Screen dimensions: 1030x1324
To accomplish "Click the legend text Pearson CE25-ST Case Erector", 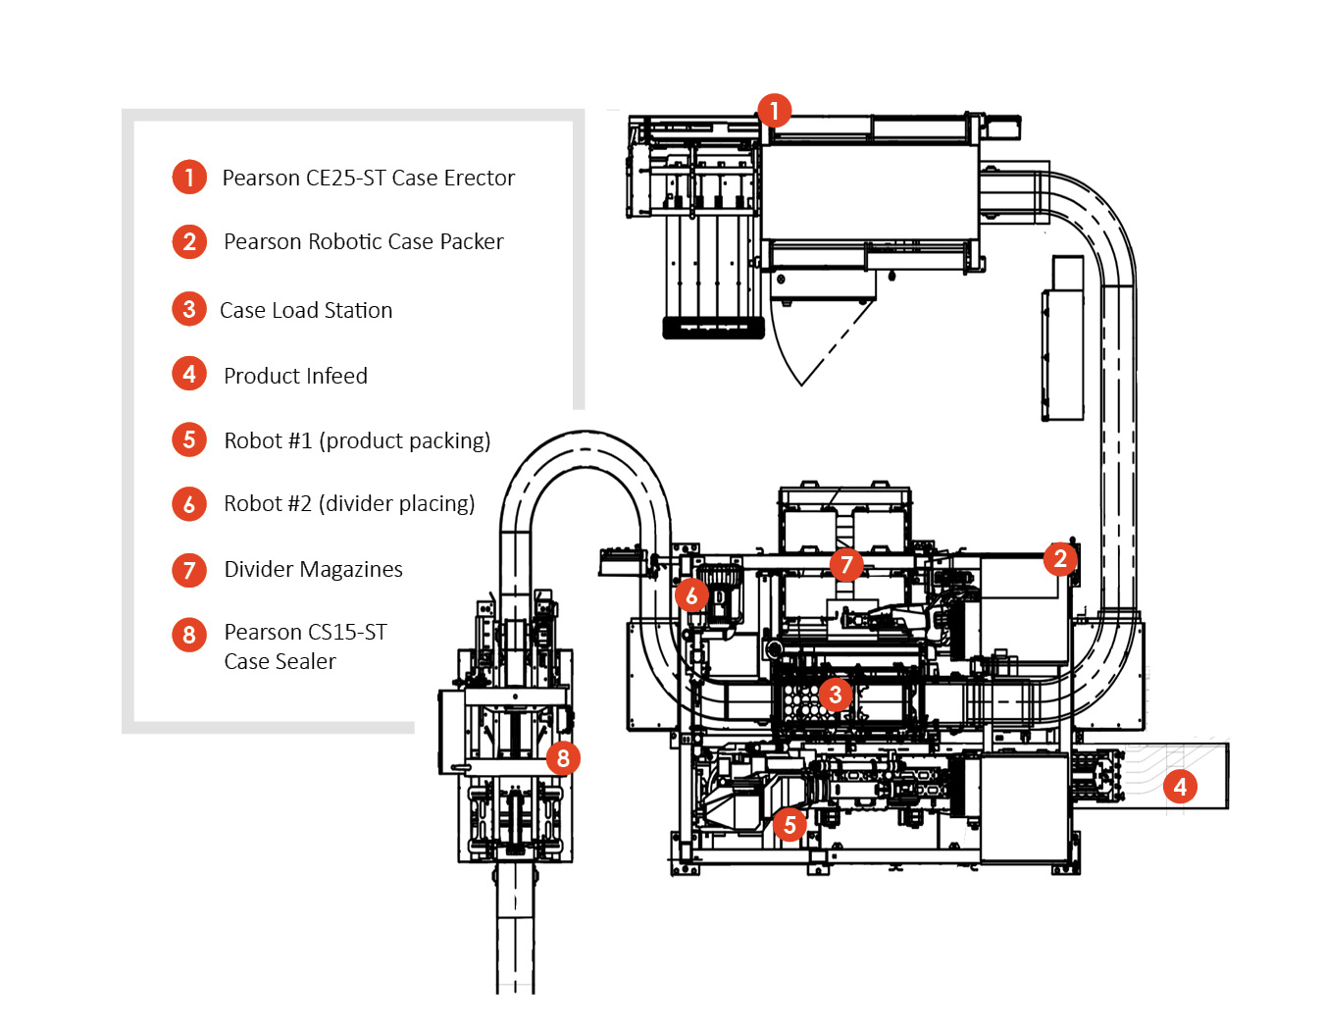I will pyautogui.click(x=368, y=178).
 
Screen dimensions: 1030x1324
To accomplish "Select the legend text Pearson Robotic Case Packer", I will pyautogui.click(x=363, y=241).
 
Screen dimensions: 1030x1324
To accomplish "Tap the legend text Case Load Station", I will pyautogui.click(x=306, y=310).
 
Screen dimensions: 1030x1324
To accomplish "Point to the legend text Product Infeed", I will pyautogui.click(x=295, y=376).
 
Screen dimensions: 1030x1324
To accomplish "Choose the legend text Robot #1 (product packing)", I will pyautogui.click(x=357, y=440).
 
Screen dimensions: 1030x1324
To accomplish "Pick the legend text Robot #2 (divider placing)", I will pyautogui.click(x=349, y=503).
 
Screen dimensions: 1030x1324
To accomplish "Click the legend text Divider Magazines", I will pyautogui.click(x=313, y=569).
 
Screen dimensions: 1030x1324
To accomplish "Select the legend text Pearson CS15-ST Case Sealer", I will pyautogui.click(x=305, y=645).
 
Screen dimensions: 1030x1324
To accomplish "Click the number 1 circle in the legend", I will pyautogui.click(x=189, y=178).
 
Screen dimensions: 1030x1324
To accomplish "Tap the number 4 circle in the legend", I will pyautogui.click(x=189, y=374).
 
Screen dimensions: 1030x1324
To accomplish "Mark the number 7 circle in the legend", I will pyautogui.click(x=189, y=570).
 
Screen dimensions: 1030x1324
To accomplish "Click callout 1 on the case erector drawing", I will pyautogui.click(x=774, y=110).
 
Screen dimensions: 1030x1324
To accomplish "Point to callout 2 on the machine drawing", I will pyautogui.click(x=1060, y=559).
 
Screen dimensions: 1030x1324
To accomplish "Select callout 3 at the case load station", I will pyautogui.click(x=835, y=695).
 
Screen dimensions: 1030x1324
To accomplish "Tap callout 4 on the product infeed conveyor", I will pyautogui.click(x=1180, y=786).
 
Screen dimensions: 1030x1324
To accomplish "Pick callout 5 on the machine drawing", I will pyautogui.click(x=789, y=825).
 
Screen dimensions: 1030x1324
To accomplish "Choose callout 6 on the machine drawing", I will pyautogui.click(x=691, y=594).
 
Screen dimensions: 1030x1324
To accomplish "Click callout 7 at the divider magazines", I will pyautogui.click(x=845, y=565).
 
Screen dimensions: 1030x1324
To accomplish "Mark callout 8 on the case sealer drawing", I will pyautogui.click(x=562, y=757).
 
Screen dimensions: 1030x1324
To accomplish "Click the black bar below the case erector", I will pyautogui.click(x=713, y=328).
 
